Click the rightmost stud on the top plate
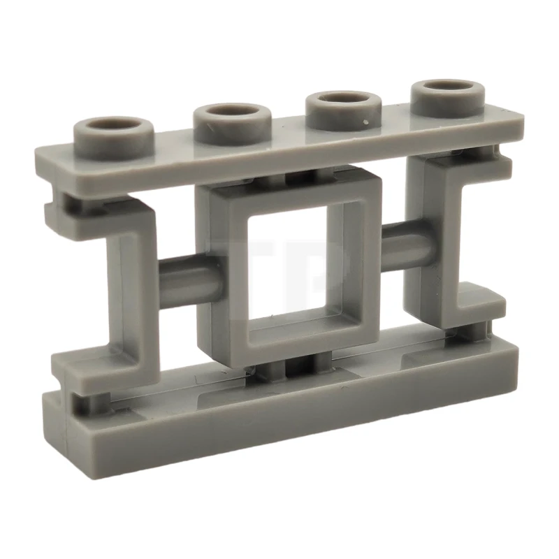(x=448, y=100)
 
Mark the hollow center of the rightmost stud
(x=448, y=89)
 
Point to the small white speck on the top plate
(x=366, y=124)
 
